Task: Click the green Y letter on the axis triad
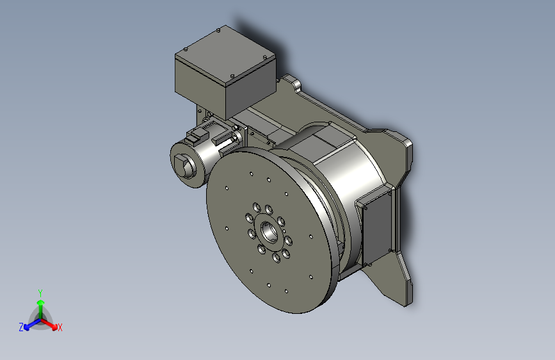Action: coord(40,292)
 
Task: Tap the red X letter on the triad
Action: coord(60,327)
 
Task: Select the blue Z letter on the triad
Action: coord(21,327)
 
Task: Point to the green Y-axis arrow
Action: coord(40,305)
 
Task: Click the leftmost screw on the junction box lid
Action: coord(185,49)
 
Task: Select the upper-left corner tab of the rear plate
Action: coord(292,81)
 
